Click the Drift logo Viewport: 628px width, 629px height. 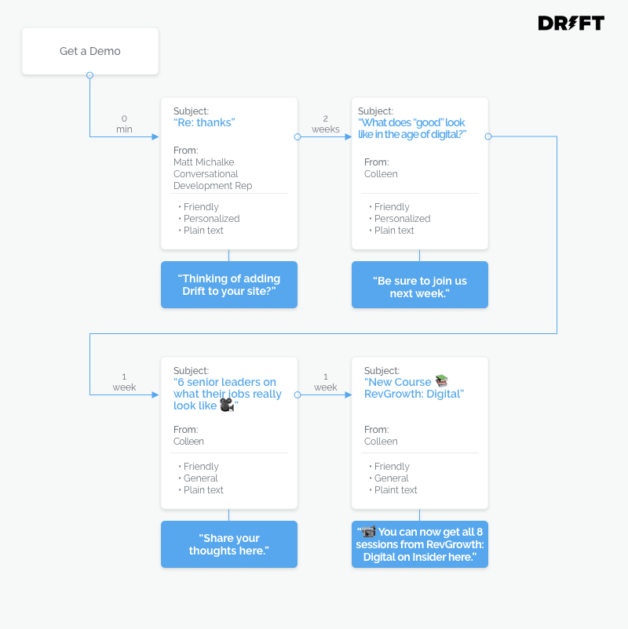[571, 23]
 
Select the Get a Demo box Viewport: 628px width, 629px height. [90, 51]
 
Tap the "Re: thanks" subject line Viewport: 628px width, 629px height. [204, 122]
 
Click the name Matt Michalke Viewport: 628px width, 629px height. [203, 162]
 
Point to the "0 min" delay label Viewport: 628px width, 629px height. [124, 124]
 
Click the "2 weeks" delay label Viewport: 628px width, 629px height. [325, 124]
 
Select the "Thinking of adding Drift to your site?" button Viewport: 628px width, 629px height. [229, 285]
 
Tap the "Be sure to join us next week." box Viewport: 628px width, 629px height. [420, 285]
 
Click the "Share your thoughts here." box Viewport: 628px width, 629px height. [229, 544]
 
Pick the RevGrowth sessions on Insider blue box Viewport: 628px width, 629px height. [420, 544]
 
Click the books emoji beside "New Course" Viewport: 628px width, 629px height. [441, 380]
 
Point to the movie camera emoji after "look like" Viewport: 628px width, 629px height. [227, 405]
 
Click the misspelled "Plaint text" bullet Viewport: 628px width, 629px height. [396, 490]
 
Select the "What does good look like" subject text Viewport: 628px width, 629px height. [412, 129]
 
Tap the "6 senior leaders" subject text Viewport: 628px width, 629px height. [228, 394]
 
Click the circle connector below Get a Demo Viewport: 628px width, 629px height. [90, 75]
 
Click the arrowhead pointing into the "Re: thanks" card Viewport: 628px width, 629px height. [155, 136]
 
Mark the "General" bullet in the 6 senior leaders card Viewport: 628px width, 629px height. [200, 478]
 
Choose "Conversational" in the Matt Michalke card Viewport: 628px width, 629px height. [206, 173]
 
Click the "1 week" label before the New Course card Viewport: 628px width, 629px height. [325, 382]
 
